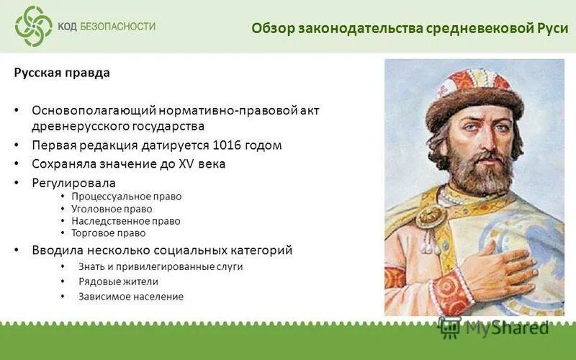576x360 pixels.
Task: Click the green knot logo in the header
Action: [34, 26]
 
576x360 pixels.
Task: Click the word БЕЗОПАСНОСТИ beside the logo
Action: [117, 27]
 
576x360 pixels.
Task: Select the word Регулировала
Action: [73, 183]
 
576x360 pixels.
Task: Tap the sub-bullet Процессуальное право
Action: [127, 197]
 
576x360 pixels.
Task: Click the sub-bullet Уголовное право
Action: [112, 209]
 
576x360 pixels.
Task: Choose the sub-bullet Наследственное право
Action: [126, 221]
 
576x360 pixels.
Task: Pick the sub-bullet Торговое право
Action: [108, 233]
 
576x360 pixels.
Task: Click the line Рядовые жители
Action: [118, 282]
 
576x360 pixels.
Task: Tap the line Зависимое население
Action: [131, 297]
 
